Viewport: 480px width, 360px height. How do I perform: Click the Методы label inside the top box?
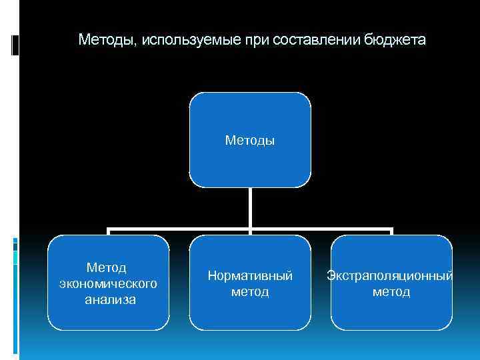(x=250, y=140)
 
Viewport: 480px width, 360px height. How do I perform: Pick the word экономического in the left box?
(x=108, y=284)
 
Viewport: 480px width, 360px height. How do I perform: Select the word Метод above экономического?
(x=108, y=268)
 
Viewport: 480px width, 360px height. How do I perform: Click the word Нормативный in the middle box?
(x=250, y=275)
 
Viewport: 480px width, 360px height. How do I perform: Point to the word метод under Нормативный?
(x=250, y=292)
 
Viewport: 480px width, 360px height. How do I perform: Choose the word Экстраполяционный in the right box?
(x=391, y=275)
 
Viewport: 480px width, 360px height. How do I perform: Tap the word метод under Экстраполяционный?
(x=391, y=292)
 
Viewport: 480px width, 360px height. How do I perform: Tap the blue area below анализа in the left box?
(x=108, y=318)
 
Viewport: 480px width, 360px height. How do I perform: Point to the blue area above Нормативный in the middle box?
(x=250, y=252)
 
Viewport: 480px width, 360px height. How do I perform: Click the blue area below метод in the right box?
(x=391, y=315)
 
